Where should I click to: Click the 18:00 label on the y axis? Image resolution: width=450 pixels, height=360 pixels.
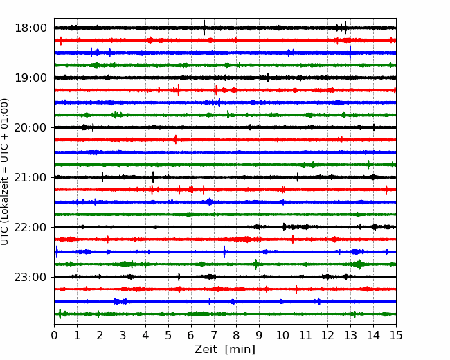[30, 28]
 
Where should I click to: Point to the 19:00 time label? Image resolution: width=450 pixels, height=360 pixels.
[30, 78]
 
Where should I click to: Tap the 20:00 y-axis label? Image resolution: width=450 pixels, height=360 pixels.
[30, 127]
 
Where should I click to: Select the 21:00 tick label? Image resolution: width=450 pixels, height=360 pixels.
[30, 177]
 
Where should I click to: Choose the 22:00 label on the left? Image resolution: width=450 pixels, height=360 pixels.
[30, 227]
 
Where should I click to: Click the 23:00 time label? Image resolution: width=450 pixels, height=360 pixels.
[30, 277]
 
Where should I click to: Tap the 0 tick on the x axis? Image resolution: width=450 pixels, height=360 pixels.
[54, 335]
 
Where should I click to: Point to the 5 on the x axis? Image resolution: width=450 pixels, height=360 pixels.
[168, 335]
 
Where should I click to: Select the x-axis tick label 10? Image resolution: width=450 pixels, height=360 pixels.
[282, 335]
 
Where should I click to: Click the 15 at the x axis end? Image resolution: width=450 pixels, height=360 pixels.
[396, 335]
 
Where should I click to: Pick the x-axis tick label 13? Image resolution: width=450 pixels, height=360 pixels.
[350, 335]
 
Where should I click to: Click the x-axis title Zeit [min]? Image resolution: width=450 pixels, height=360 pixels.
[225, 349]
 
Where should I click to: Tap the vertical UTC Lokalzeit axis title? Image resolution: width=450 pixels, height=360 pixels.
[5, 172]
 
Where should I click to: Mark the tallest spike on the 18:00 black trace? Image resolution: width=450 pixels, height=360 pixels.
[204, 28]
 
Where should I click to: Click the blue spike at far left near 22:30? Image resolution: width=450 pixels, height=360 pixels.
[57, 251]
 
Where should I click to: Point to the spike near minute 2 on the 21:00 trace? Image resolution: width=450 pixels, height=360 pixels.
[102, 177]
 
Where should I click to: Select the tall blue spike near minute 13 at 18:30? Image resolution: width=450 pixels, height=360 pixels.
[350, 52]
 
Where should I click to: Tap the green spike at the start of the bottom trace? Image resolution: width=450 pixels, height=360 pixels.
[60, 314]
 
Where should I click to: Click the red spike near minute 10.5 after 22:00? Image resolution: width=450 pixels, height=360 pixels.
[293, 239]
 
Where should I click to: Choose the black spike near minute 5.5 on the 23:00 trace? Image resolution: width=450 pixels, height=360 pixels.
[179, 277]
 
